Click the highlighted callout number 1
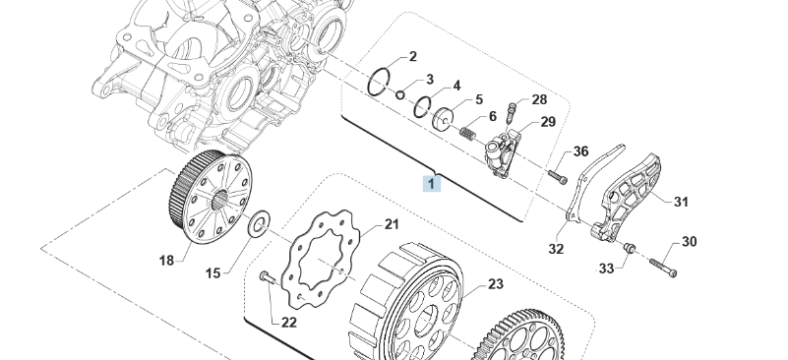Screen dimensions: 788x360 (432, 184)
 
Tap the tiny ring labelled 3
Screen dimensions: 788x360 (400, 94)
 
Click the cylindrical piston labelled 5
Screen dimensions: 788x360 (443, 120)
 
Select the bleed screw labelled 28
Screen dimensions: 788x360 (512, 113)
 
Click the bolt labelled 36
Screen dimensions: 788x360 (558, 176)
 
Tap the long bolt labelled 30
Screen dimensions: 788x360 (663, 267)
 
